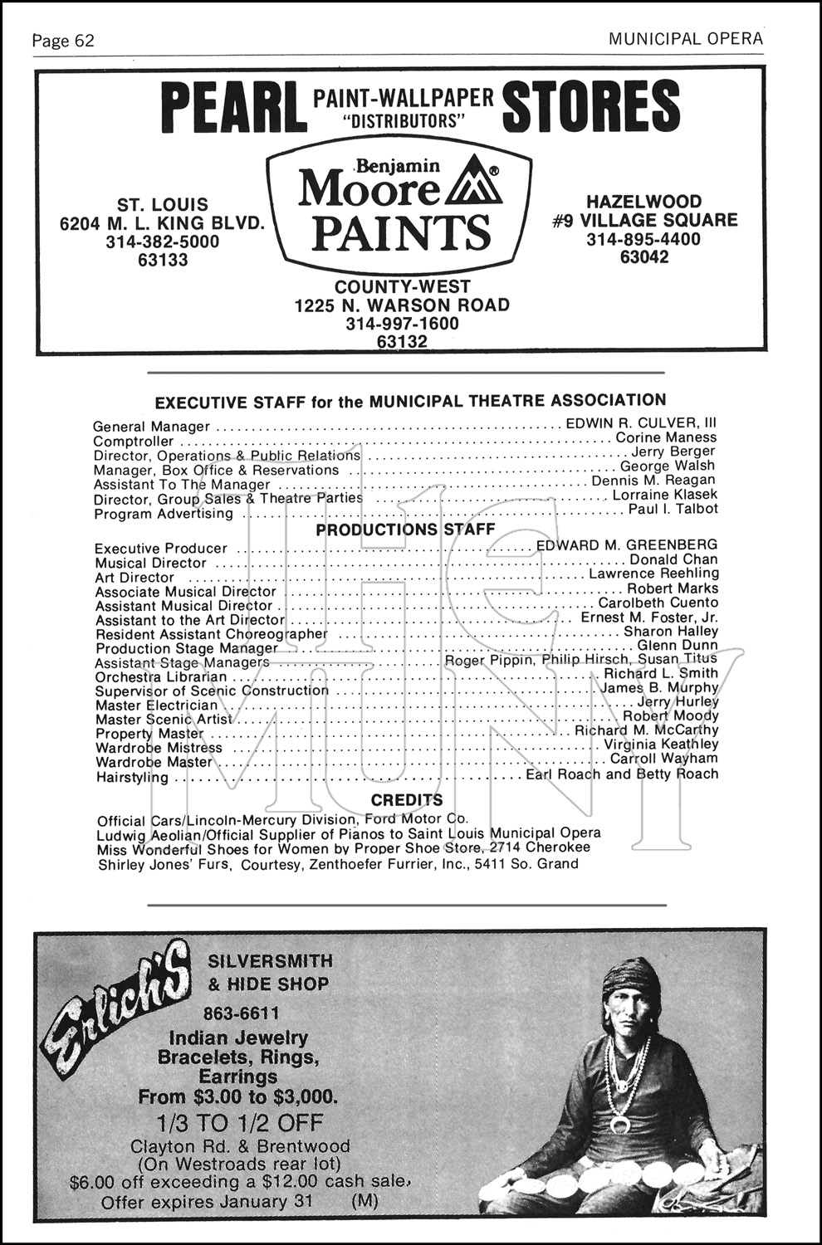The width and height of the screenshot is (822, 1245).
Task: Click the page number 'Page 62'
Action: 63,41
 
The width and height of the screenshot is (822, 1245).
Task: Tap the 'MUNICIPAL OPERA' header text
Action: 685,39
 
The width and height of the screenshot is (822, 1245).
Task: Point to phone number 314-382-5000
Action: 163,242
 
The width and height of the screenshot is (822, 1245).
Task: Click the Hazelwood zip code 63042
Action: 644,257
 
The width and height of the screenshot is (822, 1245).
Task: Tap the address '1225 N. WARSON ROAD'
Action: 402,305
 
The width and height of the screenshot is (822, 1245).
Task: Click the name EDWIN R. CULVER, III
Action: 641,423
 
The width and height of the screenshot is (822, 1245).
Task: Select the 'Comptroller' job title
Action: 134,442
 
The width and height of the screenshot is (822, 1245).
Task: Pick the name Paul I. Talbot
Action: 673,509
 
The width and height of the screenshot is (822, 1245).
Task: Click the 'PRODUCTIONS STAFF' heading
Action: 405,530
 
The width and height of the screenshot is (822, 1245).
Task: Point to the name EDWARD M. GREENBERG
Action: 627,545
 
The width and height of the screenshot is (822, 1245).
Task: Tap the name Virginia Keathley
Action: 661,745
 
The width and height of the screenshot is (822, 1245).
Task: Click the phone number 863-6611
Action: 241,1013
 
